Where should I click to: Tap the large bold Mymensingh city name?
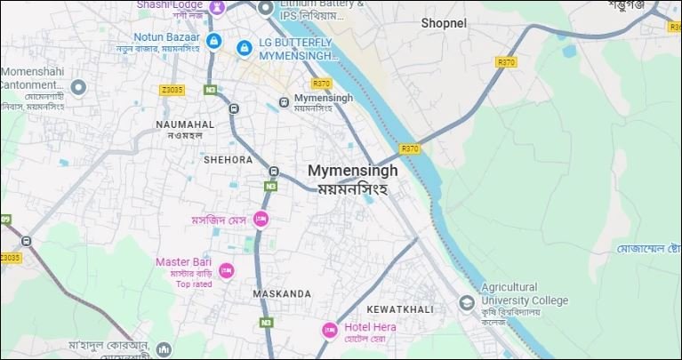[352, 171]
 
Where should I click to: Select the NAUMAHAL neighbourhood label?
[185, 124]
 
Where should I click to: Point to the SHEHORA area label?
[229, 160]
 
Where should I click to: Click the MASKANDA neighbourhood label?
[282, 292]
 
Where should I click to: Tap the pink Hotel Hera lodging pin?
[330, 331]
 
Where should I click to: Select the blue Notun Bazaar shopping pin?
[213, 41]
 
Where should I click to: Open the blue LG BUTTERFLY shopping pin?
[243, 46]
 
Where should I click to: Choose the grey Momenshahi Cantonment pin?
[78, 88]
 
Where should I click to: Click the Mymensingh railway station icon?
[283, 101]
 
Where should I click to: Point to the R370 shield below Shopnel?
[506, 62]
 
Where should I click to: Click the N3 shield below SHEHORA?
[269, 186]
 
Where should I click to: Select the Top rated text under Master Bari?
[194, 284]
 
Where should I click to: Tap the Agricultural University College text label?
[524, 294]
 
